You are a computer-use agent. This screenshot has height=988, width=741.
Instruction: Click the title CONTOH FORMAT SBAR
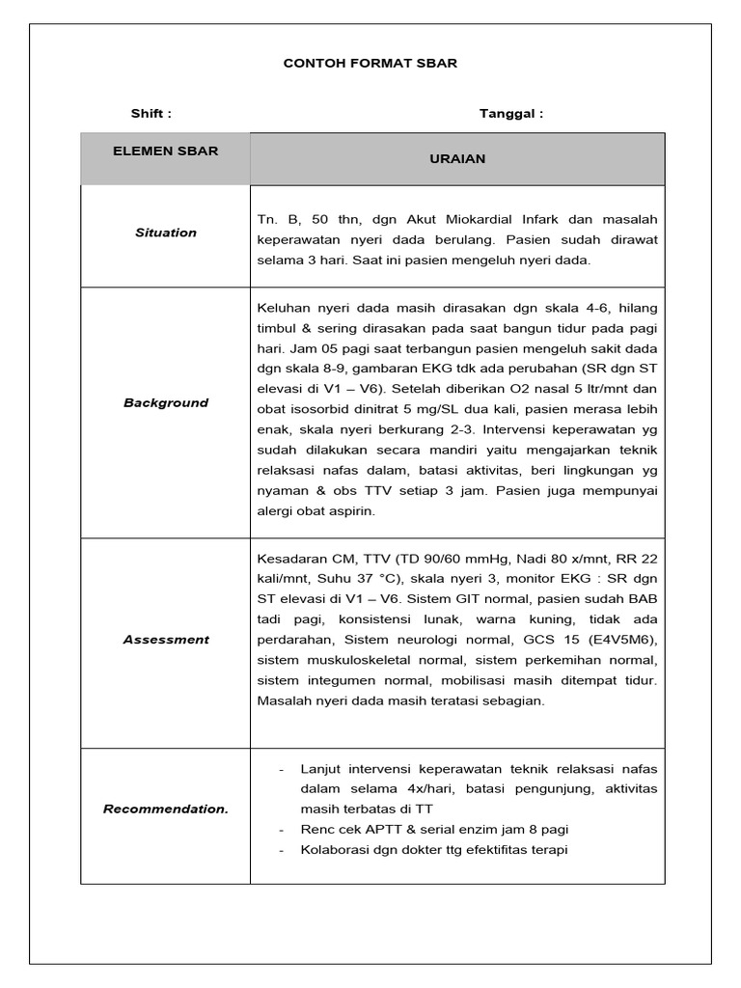370,64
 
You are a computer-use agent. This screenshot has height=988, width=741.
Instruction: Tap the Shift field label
151,114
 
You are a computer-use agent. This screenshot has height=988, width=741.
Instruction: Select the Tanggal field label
511,114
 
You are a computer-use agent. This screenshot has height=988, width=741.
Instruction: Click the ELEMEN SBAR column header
165,151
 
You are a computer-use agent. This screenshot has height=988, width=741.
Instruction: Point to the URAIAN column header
457,159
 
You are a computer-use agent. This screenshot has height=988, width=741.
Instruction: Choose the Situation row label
165,233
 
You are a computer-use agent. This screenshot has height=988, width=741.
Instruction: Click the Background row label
165,403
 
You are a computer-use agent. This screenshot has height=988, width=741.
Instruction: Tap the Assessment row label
165,640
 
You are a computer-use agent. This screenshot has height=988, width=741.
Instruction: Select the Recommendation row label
165,810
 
